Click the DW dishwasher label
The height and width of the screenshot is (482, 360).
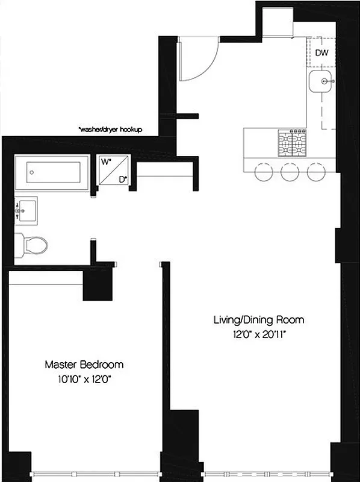[322, 52]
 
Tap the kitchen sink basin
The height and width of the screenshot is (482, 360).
[324, 81]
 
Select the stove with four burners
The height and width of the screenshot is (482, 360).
[291, 142]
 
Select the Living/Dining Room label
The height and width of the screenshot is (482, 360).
[258, 319]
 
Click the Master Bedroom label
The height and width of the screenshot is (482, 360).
[84, 365]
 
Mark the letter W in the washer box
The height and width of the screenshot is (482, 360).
[105, 161]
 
